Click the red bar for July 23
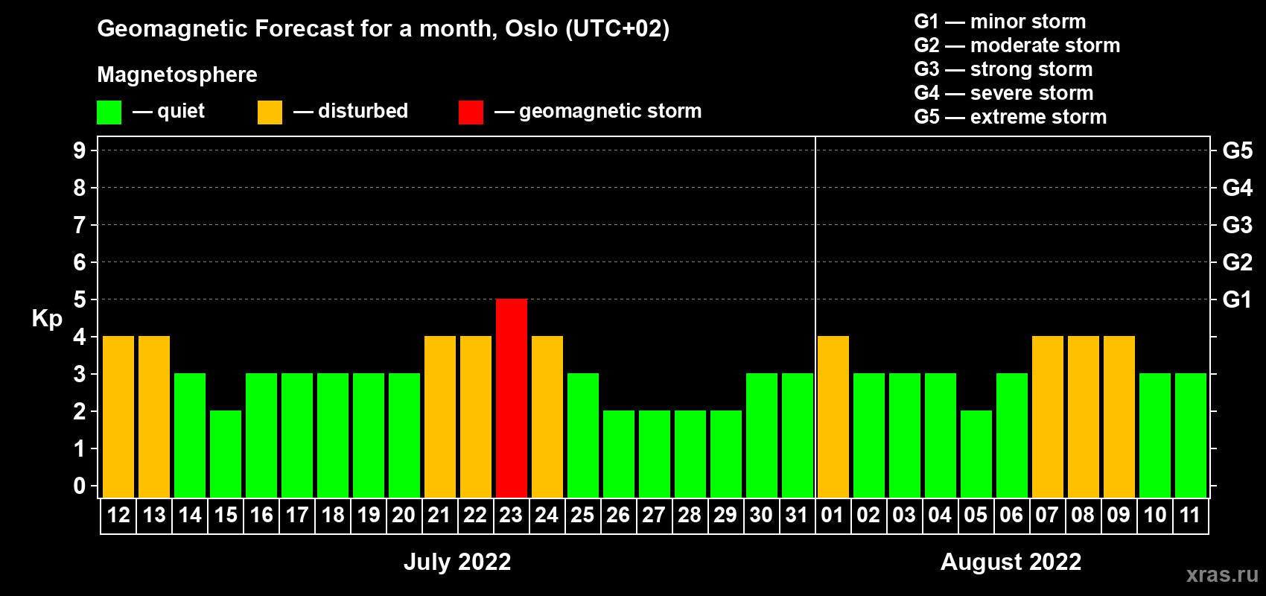point(512,398)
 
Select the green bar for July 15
point(226,454)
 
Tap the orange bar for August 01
point(833,416)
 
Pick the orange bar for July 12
point(118,416)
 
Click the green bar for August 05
point(976,454)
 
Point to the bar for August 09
point(1119,416)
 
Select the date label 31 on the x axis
point(796,515)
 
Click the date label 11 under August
point(1190,515)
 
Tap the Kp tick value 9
point(79,150)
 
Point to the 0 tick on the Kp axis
point(79,486)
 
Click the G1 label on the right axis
point(1237,299)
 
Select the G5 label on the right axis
point(1237,150)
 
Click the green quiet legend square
point(109,112)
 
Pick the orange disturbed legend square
point(270,112)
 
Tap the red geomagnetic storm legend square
point(471,112)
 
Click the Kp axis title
point(47,319)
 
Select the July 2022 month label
point(457,562)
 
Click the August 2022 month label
point(1011,562)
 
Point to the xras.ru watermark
point(1222,574)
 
